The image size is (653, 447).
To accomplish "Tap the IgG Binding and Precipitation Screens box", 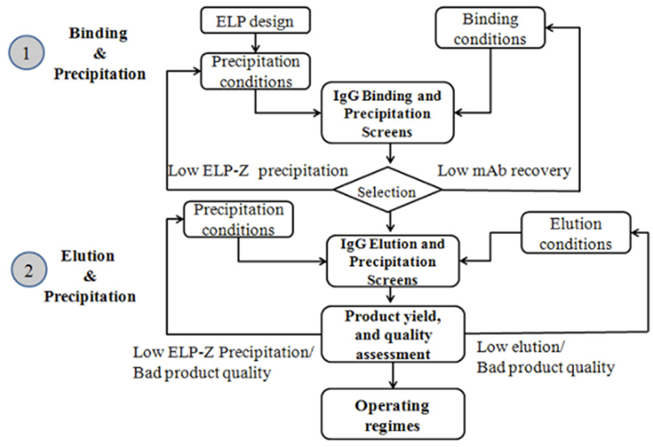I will pyautogui.click(x=389, y=113).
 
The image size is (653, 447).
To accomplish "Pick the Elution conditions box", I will pyautogui.click(x=576, y=233).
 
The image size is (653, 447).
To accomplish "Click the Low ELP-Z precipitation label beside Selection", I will pyautogui.click(x=257, y=170).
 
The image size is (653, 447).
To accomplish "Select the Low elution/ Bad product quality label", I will pyautogui.click(x=545, y=357).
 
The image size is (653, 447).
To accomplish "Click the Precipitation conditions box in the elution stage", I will pyautogui.click(x=238, y=221).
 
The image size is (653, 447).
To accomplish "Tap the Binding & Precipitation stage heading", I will pyautogui.click(x=99, y=54).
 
